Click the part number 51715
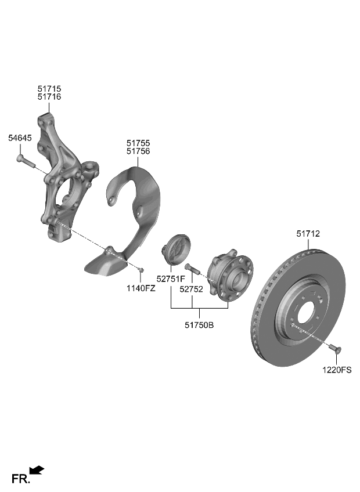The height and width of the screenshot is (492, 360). pyautogui.click(x=49, y=89)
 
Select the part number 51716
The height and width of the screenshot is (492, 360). pyautogui.click(x=49, y=97)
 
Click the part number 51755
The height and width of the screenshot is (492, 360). pyautogui.click(x=138, y=143)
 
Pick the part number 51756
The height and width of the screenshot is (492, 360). pyautogui.click(x=138, y=151)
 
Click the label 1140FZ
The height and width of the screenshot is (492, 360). pyautogui.click(x=141, y=288)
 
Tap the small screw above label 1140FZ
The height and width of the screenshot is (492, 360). pyautogui.click(x=141, y=269)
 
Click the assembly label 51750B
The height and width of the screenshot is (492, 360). pyautogui.click(x=198, y=325)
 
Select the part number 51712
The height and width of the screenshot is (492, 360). pyautogui.click(x=308, y=234)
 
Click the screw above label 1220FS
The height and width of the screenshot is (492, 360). pyautogui.click(x=334, y=348)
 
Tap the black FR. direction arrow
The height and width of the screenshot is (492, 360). pyautogui.click(x=37, y=469)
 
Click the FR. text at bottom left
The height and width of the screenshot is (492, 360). pyautogui.click(x=20, y=479)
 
